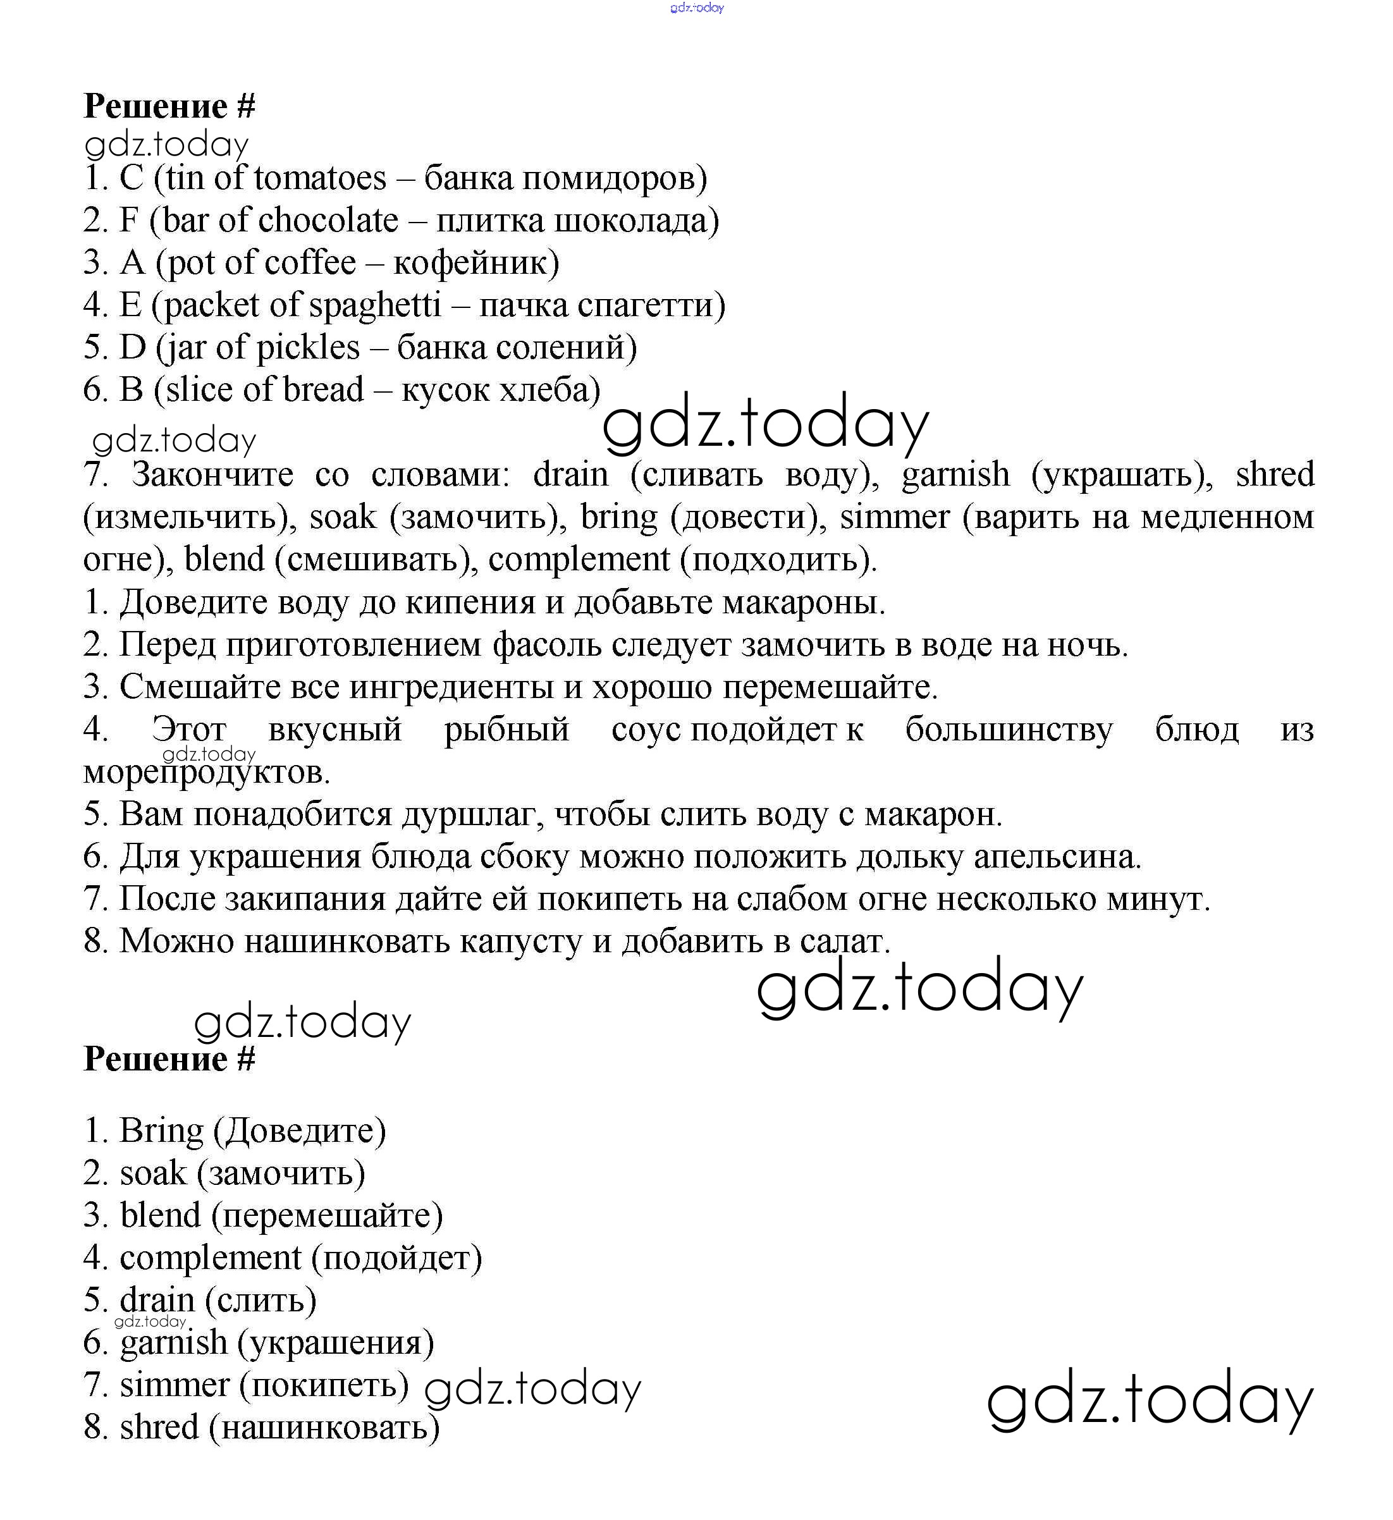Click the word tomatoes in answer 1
coord(321,179)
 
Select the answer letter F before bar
coord(129,221)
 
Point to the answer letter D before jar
coord(132,348)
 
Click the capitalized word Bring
coord(161,1130)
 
